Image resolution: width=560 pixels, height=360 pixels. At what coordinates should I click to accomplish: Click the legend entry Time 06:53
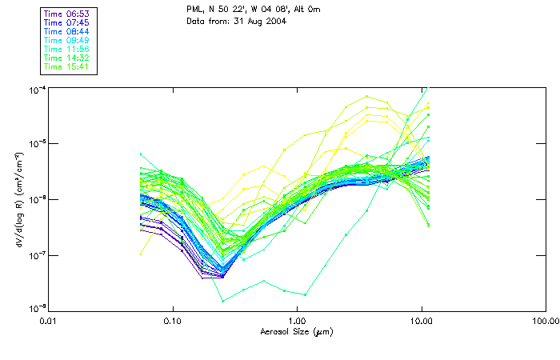(67, 14)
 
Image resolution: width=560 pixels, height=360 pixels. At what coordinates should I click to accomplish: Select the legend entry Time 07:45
(67, 22)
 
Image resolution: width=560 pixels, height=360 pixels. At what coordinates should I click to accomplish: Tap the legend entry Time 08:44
(67, 31)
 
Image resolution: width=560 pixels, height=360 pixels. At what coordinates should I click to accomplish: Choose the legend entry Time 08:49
(67, 40)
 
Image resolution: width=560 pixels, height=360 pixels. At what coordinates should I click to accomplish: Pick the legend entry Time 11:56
(67, 49)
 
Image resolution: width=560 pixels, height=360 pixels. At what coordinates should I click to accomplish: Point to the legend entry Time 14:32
(67, 58)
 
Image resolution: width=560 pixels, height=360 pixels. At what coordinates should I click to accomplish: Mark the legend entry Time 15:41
(67, 66)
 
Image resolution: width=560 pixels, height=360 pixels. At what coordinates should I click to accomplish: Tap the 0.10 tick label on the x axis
(173, 321)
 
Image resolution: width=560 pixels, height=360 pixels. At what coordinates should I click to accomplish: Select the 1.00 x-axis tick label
(297, 321)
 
